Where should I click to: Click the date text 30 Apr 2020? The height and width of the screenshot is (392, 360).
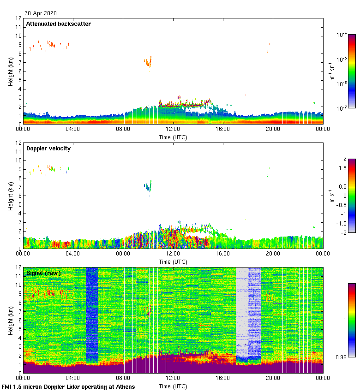click(41, 13)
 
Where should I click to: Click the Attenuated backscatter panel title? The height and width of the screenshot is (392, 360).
click(58, 24)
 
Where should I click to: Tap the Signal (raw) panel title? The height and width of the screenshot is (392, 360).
click(43, 273)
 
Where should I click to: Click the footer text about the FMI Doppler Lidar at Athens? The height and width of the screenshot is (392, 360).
click(68, 386)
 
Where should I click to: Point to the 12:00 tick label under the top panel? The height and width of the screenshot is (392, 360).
click(173, 130)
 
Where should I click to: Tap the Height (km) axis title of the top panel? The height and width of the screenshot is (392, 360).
click(11, 71)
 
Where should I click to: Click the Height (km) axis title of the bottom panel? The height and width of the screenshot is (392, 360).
click(11, 320)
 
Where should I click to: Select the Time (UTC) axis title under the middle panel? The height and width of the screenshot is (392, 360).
click(173, 261)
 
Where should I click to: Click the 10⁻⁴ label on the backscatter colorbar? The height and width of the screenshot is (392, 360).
click(342, 35)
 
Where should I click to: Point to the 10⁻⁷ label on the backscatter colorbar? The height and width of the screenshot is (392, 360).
click(342, 108)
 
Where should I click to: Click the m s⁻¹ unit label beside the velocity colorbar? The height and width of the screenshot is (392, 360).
click(331, 196)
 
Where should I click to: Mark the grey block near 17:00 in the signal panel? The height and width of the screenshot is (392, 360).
click(242, 311)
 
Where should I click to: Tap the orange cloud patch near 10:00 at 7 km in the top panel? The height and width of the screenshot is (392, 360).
click(148, 61)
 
